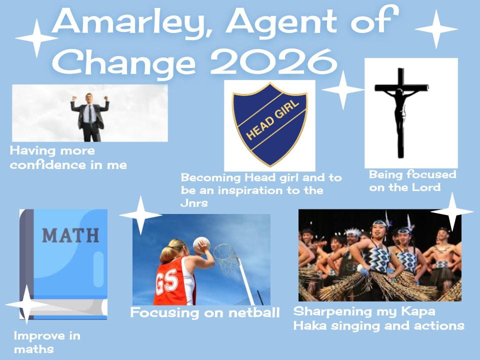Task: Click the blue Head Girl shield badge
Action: coord(269,124)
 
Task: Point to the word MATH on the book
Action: coord(70,235)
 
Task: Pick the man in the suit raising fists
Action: coord(90,117)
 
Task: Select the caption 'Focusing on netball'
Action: coord(205,313)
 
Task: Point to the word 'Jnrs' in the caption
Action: coord(194,203)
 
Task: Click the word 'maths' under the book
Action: coord(33,349)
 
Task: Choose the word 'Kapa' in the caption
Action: coord(418,311)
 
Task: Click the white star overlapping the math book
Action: coord(27,304)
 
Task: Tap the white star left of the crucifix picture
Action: coord(343,89)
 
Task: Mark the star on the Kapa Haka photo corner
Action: coord(452,211)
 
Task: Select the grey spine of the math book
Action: coord(26,263)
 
